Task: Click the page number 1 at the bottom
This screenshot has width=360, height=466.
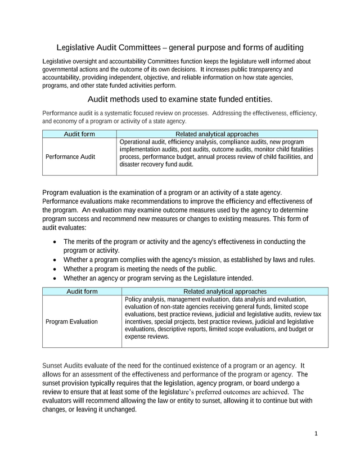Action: pyautogui.click(x=316, y=433)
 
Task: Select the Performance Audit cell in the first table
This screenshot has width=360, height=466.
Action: pyautogui.click(x=70, y=156)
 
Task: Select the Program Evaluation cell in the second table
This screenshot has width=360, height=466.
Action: pyautogui.click(x=71, y=321)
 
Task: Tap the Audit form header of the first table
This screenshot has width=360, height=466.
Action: pyautogui.click(x=79, y=134)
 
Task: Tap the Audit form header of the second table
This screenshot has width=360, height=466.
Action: pyautogui.click(x=82, y=292)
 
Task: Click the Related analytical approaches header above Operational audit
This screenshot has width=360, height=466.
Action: pyautogui.click(x=217, y=134)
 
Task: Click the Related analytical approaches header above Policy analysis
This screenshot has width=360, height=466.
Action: pyautogui.click(x=225, y=292)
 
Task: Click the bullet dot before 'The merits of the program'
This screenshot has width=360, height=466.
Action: pyautogui.click(x=53, y=242)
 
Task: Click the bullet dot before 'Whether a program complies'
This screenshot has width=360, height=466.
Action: pyautogui.click(x=53, y=260)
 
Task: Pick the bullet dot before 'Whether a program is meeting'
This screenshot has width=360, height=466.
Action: pyautogui.click(x=53, y=269)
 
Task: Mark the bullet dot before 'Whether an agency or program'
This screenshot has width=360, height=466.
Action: pyautogui.click(x=53, y=278)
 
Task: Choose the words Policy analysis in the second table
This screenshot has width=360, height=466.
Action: pyautogui.click(x=143, y=299)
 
